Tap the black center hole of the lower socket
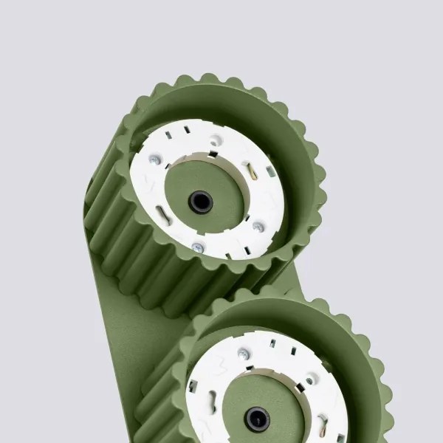point(257,419)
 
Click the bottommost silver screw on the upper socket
point(197,248)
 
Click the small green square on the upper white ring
point(271,171)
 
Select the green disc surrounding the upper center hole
point(221,185)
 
